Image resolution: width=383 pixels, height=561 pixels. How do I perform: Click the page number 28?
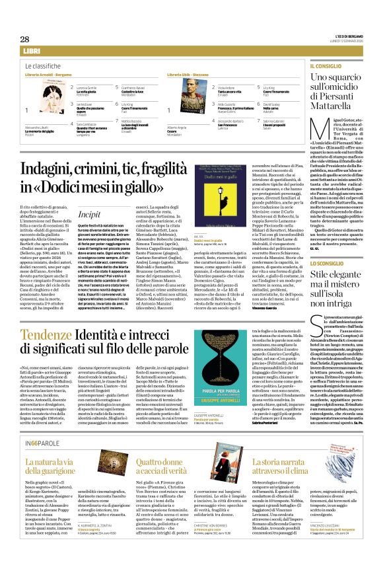point(24,40)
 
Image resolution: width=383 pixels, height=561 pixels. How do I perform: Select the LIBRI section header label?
point(32,51)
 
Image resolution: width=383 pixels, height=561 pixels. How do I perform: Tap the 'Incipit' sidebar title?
point(88,196)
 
